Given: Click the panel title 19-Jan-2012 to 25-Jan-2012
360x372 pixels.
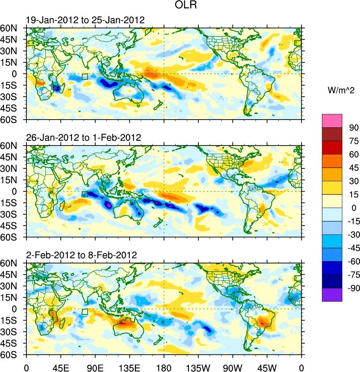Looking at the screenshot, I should pyautogui.click(x=85, y=20).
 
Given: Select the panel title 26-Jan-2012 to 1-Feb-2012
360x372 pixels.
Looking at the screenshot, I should pyautogui.click(x=84, y=138).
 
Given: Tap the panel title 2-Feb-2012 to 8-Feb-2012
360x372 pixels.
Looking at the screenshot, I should pyautogui.click(x=81, y=255).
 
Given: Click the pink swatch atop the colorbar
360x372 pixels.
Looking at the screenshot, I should pyautogui.click(x=332, y=121).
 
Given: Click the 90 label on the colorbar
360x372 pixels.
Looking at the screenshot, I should pyautogui.click(x=353, y=127).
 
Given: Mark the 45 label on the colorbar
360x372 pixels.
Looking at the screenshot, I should pyautogui.click(x=353, y=168).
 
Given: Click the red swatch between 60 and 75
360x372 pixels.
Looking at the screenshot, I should pyautogui.click(x=332, y=147).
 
